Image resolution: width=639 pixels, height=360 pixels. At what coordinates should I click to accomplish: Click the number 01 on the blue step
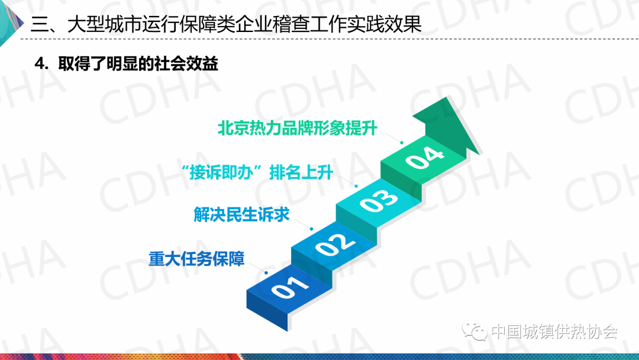[290, 287]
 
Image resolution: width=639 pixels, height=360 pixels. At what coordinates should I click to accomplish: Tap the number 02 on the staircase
[334, 243]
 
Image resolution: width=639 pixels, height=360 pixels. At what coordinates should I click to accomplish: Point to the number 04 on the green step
[424, 157]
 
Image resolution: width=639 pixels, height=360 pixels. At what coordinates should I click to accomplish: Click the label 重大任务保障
[196, 259]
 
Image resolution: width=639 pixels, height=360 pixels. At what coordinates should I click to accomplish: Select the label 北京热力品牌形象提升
[298, 128]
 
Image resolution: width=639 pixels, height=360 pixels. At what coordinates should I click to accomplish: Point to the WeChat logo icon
[474, 331]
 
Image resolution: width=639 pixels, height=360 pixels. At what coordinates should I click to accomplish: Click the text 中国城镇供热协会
[554, 332]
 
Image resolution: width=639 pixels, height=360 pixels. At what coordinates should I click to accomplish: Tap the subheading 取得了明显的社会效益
[138, 63]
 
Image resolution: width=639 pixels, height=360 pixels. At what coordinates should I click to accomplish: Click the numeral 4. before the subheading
[41, 64]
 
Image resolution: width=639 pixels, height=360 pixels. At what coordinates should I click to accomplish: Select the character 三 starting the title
[40, 24]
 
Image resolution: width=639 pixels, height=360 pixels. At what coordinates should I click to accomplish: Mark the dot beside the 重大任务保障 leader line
[266, 273]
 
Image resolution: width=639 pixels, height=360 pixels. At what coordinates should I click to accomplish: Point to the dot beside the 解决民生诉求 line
[311, 229]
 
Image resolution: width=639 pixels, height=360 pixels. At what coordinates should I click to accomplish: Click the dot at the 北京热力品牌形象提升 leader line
[401, 143]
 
